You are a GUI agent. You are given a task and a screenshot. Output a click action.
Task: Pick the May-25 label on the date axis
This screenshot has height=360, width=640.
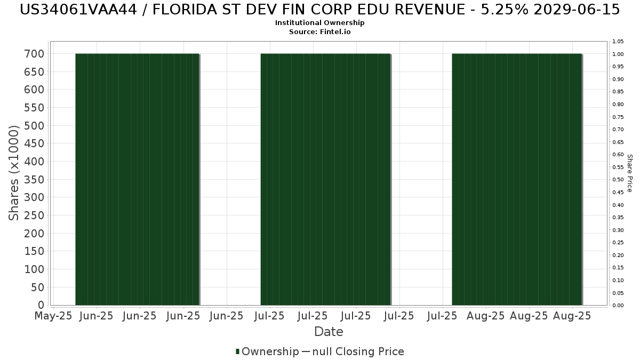pyautogui.click(x=53, y=316)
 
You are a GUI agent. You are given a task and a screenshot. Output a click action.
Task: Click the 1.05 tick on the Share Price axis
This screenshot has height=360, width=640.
pyautogui.click(x=618, y=42)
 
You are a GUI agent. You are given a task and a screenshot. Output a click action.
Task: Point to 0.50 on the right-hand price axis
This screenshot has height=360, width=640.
pyautogui.click(x=618, y=180)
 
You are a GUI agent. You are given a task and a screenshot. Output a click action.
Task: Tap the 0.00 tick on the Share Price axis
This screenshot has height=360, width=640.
pyautogui.click(x=618, y=306)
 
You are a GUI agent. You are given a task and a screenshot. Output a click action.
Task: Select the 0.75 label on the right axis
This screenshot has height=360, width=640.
pyautogui.click(x=618, y=117)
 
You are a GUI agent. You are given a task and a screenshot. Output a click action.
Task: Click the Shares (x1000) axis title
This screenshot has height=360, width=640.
pyautogui.click(x=14, y=173)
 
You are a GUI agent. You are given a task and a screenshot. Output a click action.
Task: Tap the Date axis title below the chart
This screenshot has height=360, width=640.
pyautogui.click(x=329, y=332)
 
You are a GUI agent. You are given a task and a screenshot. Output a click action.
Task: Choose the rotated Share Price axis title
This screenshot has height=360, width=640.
pyautogui.click(x=630, y=173)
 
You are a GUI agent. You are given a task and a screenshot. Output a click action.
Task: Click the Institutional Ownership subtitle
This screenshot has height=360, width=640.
pyautogui.click(x=320, y=23)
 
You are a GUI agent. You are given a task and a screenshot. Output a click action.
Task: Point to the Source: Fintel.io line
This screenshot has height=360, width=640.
pyautogui.click(x=320, y=32)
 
